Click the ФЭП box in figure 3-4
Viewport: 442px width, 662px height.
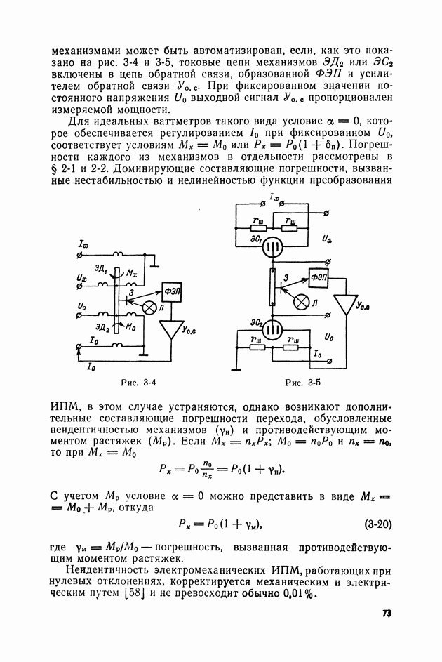coord(171,289)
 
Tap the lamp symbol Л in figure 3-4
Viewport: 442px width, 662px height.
coord(149,307)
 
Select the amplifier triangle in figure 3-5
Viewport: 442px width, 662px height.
coord(345,304)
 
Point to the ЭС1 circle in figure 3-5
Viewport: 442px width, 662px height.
coord(276,248)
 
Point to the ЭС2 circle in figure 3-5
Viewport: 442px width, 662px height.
coord(276,328)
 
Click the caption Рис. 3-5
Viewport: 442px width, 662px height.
coord(302,383)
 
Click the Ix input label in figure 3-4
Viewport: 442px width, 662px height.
coord(84,244)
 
